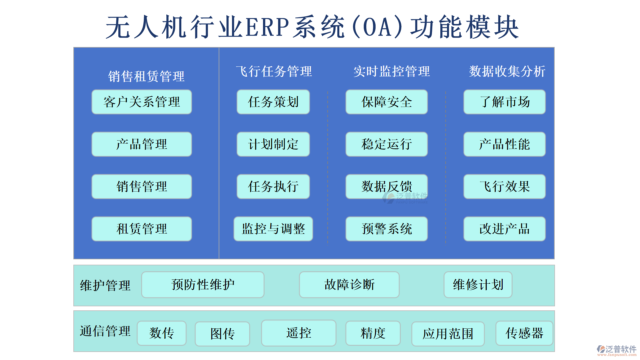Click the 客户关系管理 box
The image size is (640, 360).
click(x=142, y=102)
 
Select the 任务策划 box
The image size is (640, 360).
click(x=273, y=102)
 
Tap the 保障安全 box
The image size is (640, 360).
click(x=386, y=102)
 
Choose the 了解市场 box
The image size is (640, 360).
click(x=504, y=102)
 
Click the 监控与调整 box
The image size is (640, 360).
click(x=273, y=229)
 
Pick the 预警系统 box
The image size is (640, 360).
click(x=386, y=229)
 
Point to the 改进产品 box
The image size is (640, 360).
click(x=504, y=229)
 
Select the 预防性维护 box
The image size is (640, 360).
click(x=203, y=285)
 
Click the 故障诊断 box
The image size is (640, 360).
click(x=349, y=285)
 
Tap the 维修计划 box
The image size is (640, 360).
click(x=478, y=285)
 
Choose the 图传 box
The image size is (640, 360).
click(x=222, y=334)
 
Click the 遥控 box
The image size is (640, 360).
click(x=298, y=333)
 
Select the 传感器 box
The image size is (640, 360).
click(x=524, y=333)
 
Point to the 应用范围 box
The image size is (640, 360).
click(x=448, y=334)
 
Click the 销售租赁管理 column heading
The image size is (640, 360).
click(x=146, y=76)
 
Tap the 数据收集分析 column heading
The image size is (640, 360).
click(x=507, y=71)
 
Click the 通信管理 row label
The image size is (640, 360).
click(x=105, y=331)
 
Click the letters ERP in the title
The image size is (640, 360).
click(x=267, y=27)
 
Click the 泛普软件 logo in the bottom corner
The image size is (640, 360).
click(x=616, y=350)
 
